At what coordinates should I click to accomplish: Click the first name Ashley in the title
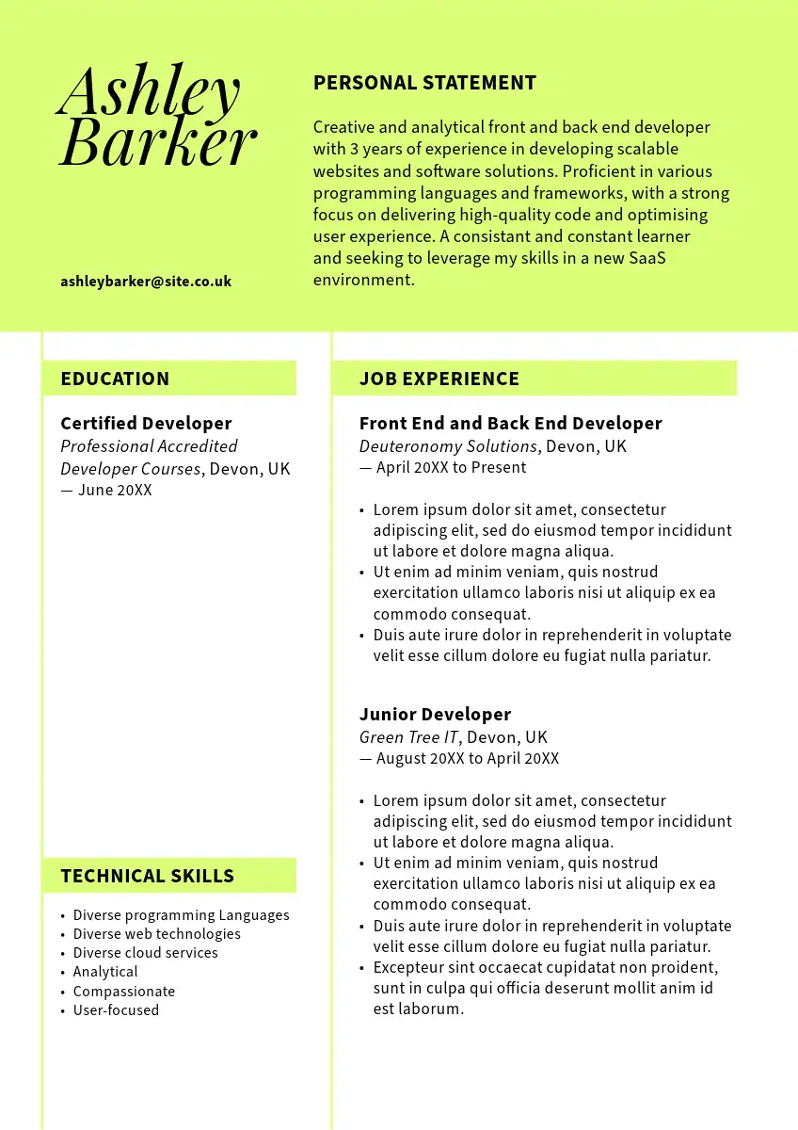coord(149,93)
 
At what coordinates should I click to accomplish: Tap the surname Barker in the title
coord(157,143)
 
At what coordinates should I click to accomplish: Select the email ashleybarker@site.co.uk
coord(146,282)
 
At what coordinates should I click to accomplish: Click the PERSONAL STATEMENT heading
coord(424,83)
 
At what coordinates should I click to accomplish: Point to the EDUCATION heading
coord(115,379)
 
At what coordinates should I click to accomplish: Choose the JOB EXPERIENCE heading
coord(439,379)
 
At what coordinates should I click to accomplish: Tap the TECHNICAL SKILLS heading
coord(147,876)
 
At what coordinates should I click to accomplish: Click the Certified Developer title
coord(146,424)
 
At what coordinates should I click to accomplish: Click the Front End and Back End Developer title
coord(510,424)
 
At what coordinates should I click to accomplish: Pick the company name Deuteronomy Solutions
coord(448,446)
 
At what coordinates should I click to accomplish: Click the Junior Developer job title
coord(435,715)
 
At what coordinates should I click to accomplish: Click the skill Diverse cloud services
coord(145,953)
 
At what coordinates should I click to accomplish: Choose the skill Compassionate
coord(123,992)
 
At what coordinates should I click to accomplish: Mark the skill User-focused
coord(116,1010)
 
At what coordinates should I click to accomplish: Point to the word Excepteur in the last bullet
coord(409,967)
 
